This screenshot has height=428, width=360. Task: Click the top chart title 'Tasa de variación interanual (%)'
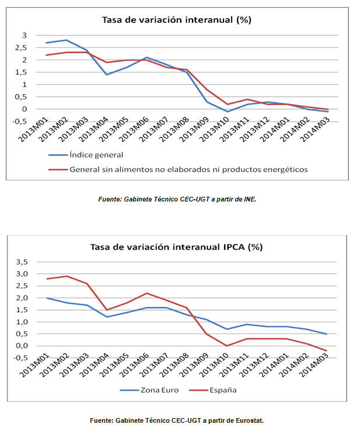[176, 20]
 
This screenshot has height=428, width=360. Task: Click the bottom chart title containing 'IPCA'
[176, 247]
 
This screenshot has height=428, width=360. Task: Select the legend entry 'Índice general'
[96, 155]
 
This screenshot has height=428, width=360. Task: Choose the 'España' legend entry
[219, 389]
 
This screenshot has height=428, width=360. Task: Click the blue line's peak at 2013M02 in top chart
[67, 40]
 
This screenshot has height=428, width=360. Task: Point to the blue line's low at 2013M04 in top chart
[107, 75]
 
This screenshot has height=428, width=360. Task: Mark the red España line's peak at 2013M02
[68, 276]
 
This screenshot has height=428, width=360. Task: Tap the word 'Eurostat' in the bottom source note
[248, 420]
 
